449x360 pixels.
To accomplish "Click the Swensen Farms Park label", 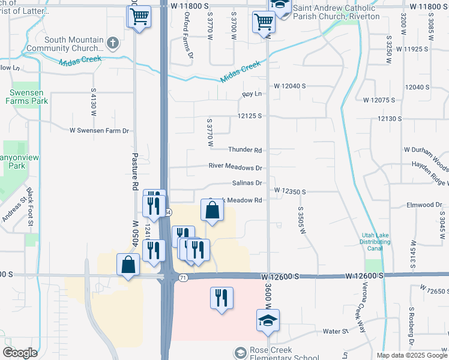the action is pyautogui.click(x=28, y=97).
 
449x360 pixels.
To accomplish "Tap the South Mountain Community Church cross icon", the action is pyautogui.click(x=112, y=42).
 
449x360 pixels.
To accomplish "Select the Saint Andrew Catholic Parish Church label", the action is pyautogui.click(x=335, y=12).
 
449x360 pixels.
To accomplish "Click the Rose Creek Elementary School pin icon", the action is pyautogui.click(x=241, y=352).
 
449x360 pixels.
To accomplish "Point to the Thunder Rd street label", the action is pyautogui.click(x=245, y=150).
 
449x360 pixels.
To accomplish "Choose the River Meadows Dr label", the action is pyautogui.click(x=235, y=167).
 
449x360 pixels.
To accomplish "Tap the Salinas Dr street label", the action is pyautogui.click(x=247, y=183).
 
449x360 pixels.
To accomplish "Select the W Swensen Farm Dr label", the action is pyautogui.click(x=99, y=130).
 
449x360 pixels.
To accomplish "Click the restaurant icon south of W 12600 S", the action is pyautogui.click(x=221, y=298).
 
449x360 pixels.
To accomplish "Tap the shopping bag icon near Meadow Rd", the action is pyautogui.click(x=212, y=210).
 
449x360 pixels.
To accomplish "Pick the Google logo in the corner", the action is pyautogui.click(x=19, y=353).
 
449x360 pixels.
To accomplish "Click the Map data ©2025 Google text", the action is pyautogui.click(x=412, y=355).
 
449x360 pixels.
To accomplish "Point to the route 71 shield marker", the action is pyautogui.click(x=183, y=277).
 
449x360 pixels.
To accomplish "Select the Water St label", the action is pyautogui.click(x=336, y=331).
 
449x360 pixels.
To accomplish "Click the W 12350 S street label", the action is pyautogui.click(x=291, y=191).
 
